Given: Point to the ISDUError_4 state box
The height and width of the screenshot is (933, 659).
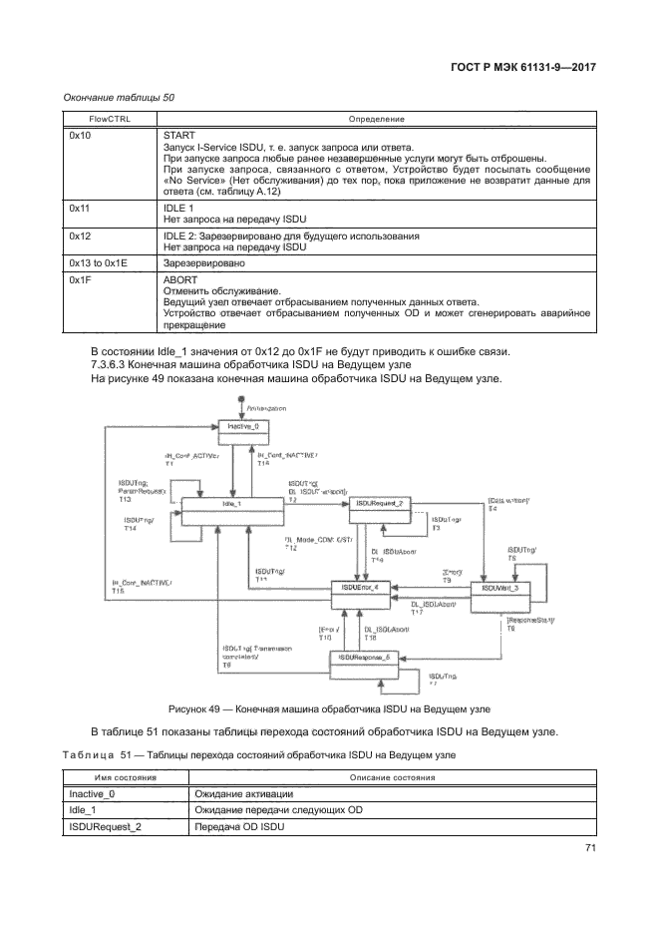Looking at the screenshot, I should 360,590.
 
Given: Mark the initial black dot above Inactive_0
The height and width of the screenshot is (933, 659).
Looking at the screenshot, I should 241,400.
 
